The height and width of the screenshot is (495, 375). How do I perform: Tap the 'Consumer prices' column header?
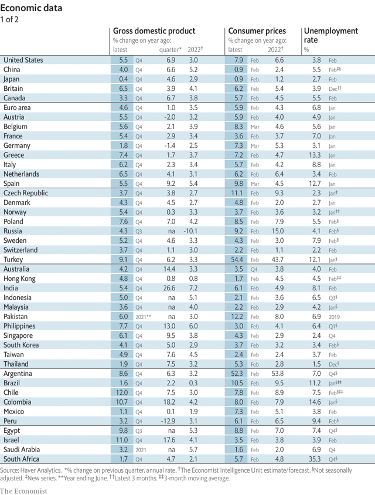[x=257, y=31]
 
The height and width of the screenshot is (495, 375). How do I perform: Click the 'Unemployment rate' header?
[x=330, y=35]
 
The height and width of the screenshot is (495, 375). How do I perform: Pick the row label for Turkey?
[x=15, y=260]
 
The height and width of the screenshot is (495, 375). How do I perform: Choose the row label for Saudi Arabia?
[x=23, y=450]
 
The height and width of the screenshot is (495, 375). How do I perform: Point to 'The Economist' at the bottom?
[x=23, y=490]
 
